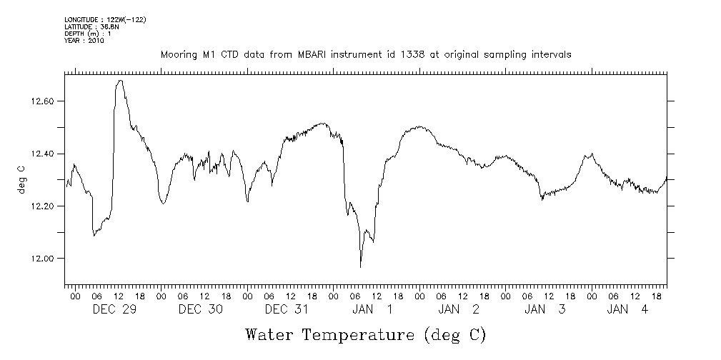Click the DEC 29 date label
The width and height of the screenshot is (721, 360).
(115, 309)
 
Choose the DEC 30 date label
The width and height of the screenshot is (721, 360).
(201, 309)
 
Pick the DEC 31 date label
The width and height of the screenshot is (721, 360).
(287, 309)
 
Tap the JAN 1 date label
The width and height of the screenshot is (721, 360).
(372, 309)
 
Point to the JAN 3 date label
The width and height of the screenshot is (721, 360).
(545, 309)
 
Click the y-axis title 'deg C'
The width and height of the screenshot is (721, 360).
(21, 181)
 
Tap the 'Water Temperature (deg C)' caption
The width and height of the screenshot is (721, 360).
(366, 334)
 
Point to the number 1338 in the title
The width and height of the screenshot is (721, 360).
(404, 55)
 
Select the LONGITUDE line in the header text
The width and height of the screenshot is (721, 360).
(105, 19)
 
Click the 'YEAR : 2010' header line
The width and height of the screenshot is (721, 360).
(84, 41)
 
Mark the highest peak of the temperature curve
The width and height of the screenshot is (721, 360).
(120, 80)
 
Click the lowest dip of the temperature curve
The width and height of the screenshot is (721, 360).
(360, 267)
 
